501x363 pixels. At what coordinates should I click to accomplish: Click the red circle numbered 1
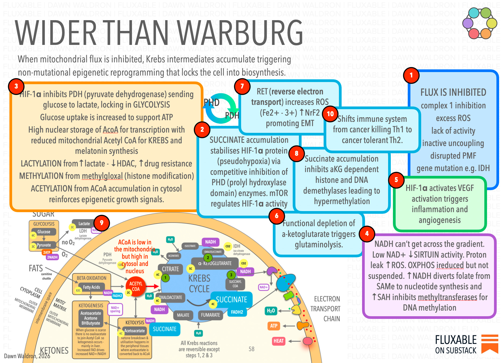click(x=411, y=75)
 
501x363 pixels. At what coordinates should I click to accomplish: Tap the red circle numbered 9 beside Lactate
click(x=102, y=223)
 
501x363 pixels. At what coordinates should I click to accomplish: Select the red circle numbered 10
click(x=330, y=114)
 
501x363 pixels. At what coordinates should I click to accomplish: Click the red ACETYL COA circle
click(x=136, y=287)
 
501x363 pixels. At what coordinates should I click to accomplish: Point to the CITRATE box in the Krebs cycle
click(x=170, y=269)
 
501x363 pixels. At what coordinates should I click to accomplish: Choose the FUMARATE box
click(x=210, y=315)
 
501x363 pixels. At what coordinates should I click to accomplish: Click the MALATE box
click(x=183, y=315)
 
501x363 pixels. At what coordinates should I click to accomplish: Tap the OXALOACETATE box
click(x=170, y=297)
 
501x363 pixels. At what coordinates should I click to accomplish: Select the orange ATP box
click(x=274, y=326)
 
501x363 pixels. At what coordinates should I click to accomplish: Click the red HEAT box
click(x=278, y=341)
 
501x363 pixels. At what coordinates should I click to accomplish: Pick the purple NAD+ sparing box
click(x=115, y=309)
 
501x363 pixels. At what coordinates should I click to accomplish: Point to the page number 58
click(x=251, y=349)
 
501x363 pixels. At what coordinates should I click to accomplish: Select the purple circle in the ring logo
click(x=468, y=23)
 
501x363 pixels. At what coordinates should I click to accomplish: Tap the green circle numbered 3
click(x=231, y=275)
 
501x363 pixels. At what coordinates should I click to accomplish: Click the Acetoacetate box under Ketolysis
click(x=134, y=331)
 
